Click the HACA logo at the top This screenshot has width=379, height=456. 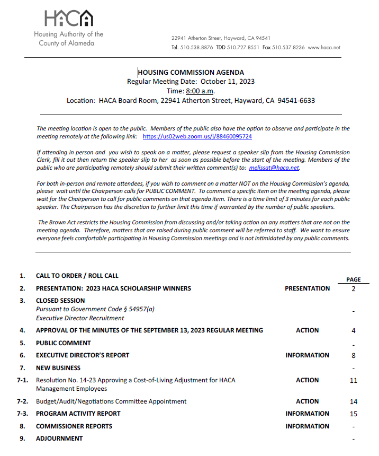pyautogui.click(x=69, y=19)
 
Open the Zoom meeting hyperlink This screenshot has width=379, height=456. pyautogui.click(x=197, y=136)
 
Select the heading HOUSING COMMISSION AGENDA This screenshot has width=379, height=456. pyautogui.click(x=191, y=73)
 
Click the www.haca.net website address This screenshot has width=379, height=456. pyautogui.click(x=324, y=47)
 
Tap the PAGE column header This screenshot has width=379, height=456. pyautogui.click(x=353, y=279)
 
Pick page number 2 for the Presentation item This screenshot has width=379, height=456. pyautogui.click(x=353, y=289)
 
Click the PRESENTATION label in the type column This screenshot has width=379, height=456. pyautogui.click(x=307, y=288)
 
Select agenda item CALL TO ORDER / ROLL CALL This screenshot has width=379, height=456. pyautogui.click(x=77, y=276)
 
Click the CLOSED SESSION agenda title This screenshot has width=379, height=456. pyautogui.click(x=60, y=301)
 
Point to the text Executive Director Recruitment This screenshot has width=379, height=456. pyautogui.click(x=80, y=318)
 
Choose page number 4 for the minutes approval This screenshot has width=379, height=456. pyautogui.click(x=353, y=331)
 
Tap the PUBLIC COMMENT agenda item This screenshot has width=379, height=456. pyautogui.click(x=63, y=343)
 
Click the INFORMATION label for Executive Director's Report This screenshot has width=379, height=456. pyautogui.click(x=307, y=355)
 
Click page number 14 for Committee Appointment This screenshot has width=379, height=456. pyautogui.click(x=353, y=402)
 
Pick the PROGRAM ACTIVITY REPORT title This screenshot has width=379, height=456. pyautogui.click(x=78, y=414)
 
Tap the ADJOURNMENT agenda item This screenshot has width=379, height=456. pyautogui.click(x=59, y=439)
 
